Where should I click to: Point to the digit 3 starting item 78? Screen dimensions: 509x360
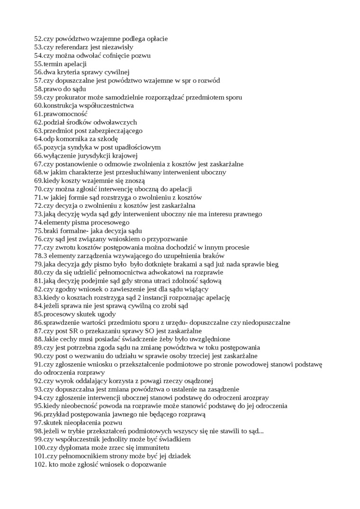[x=45, y=256]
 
